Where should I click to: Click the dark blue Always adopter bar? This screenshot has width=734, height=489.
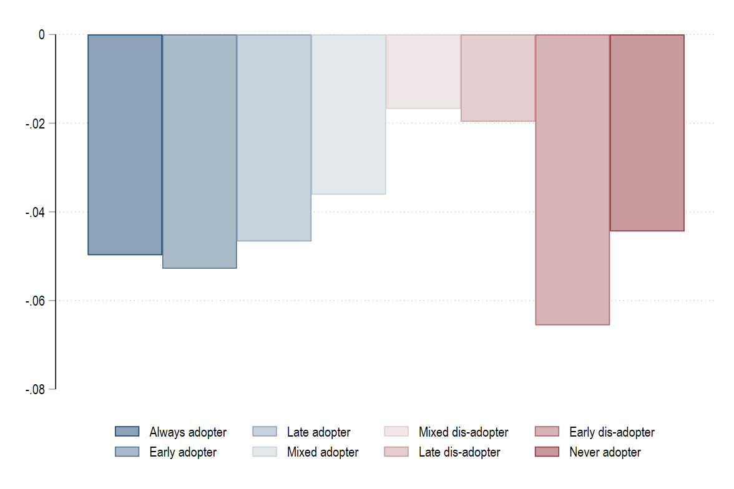point(125,145)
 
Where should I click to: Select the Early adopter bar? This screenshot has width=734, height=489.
point(200,151)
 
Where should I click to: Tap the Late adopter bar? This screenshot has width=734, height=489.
point(275,138)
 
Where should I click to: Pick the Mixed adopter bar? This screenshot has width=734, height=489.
point(349,115)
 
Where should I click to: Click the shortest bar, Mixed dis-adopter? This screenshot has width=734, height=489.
point(423,72)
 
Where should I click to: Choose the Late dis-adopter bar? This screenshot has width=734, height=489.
point(498,78)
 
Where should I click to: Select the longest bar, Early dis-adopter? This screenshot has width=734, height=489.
point(572,180)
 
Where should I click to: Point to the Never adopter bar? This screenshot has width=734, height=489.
point(647,133)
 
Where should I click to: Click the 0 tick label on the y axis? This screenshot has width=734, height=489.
point(42,35)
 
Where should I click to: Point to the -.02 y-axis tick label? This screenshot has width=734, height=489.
point(35,123)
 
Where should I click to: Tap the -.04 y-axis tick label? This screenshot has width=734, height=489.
point(35,212)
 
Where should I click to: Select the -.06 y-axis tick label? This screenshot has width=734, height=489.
point(35,301)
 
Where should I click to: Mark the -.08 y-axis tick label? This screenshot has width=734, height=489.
point(35,389)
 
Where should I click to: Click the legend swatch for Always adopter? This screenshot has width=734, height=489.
point(127,432)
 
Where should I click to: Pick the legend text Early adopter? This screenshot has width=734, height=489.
point(183,452)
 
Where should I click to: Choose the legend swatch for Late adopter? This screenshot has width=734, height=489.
point(265,432)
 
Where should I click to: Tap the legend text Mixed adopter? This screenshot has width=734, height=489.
point(323,452)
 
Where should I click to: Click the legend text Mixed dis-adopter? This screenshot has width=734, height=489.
point(463,432)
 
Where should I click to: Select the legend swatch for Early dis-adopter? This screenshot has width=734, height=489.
point(547,432)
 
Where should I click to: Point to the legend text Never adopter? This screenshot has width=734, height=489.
point(605,452)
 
